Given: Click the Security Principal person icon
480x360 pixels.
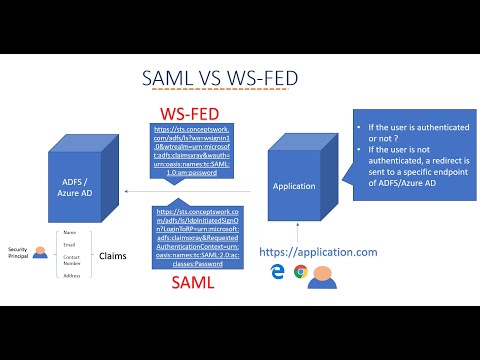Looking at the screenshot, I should coord(39,254).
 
